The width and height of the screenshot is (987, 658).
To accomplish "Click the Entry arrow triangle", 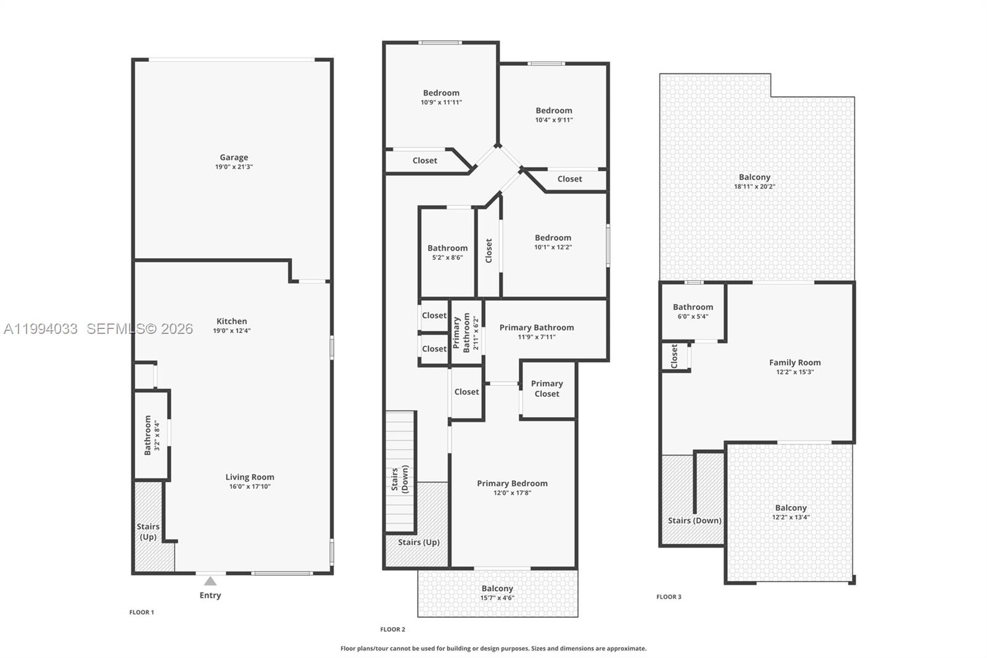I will (x=210, y=581).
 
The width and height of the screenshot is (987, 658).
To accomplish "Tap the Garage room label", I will (x=234, y=157).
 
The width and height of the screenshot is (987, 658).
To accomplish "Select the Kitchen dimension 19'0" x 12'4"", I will (x=232, y=331).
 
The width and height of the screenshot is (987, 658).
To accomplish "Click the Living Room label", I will (x=249, y=477).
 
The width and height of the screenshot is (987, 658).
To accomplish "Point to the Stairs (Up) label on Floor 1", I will (x=148, y=531).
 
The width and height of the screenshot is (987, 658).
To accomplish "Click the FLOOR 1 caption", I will (x=141, y=612).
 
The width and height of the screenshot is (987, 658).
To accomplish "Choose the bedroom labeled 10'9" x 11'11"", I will (x=441, y=97).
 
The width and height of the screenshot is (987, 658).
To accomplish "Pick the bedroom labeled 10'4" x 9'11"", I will (x=553, y=115).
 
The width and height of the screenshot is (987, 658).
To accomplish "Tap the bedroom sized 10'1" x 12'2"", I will (x=553, y=242).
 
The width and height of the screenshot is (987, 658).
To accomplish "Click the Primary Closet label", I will (x=547, y=388).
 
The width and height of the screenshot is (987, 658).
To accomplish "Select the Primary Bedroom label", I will (x=512, y=483).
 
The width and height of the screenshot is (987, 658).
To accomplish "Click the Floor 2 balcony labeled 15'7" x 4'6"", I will (x=497, y=593).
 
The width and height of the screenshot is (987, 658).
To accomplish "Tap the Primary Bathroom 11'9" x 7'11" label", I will (x=536, y=331).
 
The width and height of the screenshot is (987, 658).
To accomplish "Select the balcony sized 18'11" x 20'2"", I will (x=754, y=181).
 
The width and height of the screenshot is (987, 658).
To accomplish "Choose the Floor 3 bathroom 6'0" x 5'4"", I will (x=693, y=311).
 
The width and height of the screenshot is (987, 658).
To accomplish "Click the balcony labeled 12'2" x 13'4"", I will (x=791, y=512).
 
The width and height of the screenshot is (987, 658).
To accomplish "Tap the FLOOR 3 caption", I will (x=669, y=597).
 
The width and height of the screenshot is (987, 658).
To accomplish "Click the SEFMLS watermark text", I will (x=139, y=329).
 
